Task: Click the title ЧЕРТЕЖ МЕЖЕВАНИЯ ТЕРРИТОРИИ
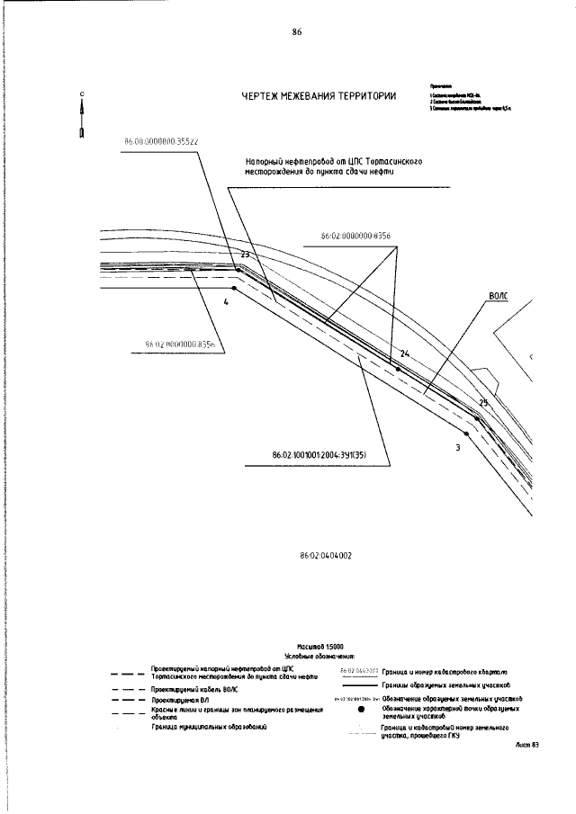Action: point(319,97)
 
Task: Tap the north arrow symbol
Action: point(82,115)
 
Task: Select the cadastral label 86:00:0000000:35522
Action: point(161,141)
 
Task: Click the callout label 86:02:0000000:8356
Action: point(355,236)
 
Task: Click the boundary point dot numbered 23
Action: point(238,267)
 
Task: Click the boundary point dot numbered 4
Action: point(235,289)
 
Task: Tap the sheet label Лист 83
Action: point(527,746)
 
